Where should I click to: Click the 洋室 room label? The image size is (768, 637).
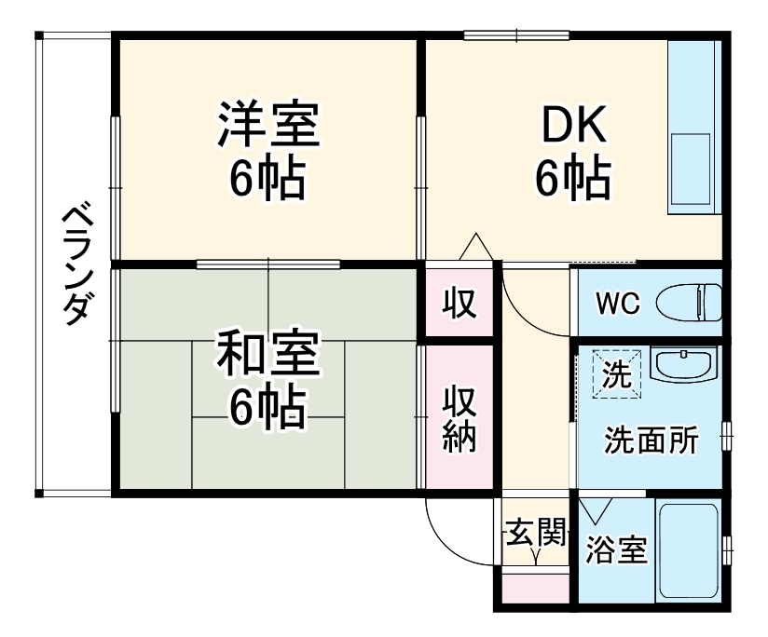coord(269,123)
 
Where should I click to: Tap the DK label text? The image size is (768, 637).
coord(574,124)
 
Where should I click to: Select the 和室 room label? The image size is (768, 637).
coord(269,353)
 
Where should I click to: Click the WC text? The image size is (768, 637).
coord(618,304)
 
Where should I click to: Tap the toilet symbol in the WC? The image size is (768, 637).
coord(688,303)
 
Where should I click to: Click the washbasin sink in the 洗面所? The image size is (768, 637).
coord(684,364)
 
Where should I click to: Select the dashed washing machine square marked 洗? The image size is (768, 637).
coord(617,373)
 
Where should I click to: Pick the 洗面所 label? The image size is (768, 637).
coord(651,440)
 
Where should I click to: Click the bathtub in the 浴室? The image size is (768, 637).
coord(689,551)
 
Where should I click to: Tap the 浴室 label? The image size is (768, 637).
coord(617,549)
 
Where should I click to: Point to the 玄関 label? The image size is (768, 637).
coord(536,532)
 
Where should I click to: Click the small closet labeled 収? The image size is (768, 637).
coord(459,303)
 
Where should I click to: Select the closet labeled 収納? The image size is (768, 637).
coord(459,417)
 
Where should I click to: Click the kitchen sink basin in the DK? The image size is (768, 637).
coord(691,169)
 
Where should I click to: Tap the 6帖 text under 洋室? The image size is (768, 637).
coord(269,177)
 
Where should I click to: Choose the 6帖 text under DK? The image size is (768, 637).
coord(574,177)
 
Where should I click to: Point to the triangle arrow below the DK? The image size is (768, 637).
coord(475,246)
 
